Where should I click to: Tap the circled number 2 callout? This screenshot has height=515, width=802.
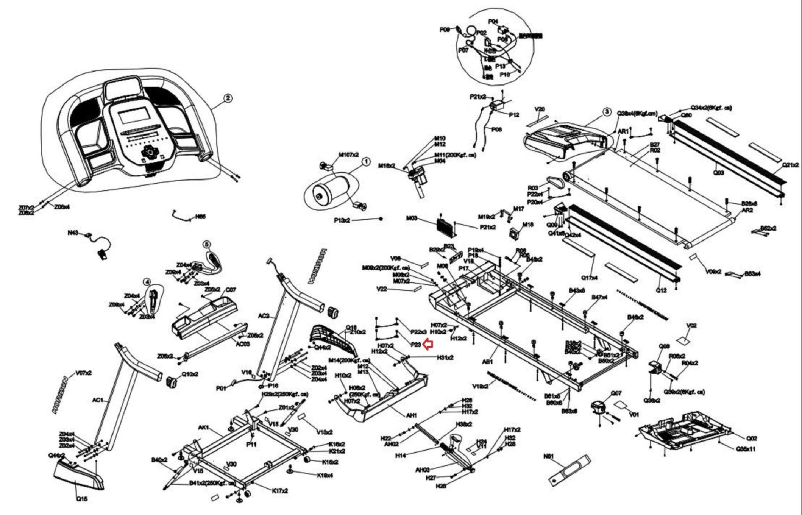click(228, 98)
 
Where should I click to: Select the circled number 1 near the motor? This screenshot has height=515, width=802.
click(366, 161)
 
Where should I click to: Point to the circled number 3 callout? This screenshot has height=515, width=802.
click(607, 112)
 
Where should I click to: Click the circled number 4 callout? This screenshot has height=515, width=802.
click(147, 282)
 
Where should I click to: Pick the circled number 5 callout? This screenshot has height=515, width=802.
click(206, 244)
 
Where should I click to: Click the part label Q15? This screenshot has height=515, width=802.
click(81, 499)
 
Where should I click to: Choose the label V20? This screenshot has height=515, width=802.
click(540, 109)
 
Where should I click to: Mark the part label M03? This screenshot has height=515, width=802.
click(411, 218)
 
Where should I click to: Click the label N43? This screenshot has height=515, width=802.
click(73, 233)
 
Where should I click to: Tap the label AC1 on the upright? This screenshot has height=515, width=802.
click(98, 400)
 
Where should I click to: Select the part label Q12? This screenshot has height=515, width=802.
click(661, 290)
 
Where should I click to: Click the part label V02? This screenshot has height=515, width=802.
click(692, 325)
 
